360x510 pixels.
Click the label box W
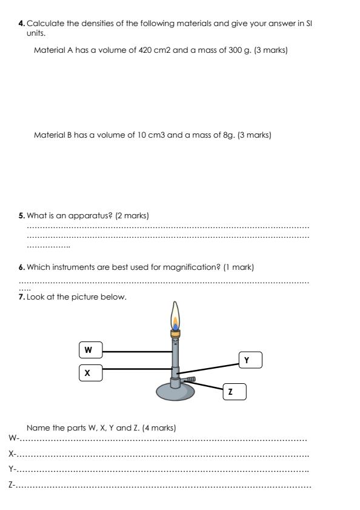(90, 350)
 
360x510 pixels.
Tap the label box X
(90, 373)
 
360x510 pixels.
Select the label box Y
(250, 360)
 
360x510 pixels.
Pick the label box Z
(234, 392)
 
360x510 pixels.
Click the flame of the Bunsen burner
(175, 319)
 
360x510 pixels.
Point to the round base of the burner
(175, 391)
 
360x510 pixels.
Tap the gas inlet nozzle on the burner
(189, 380)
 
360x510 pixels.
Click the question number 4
(22, 24)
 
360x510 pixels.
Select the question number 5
(22, 215)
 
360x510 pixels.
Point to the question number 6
(22, 267)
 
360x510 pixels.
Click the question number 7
(22, 297)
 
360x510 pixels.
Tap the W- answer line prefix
(13, 438)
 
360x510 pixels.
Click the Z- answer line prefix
(12, 485)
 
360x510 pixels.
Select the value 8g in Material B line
(228, 135)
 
